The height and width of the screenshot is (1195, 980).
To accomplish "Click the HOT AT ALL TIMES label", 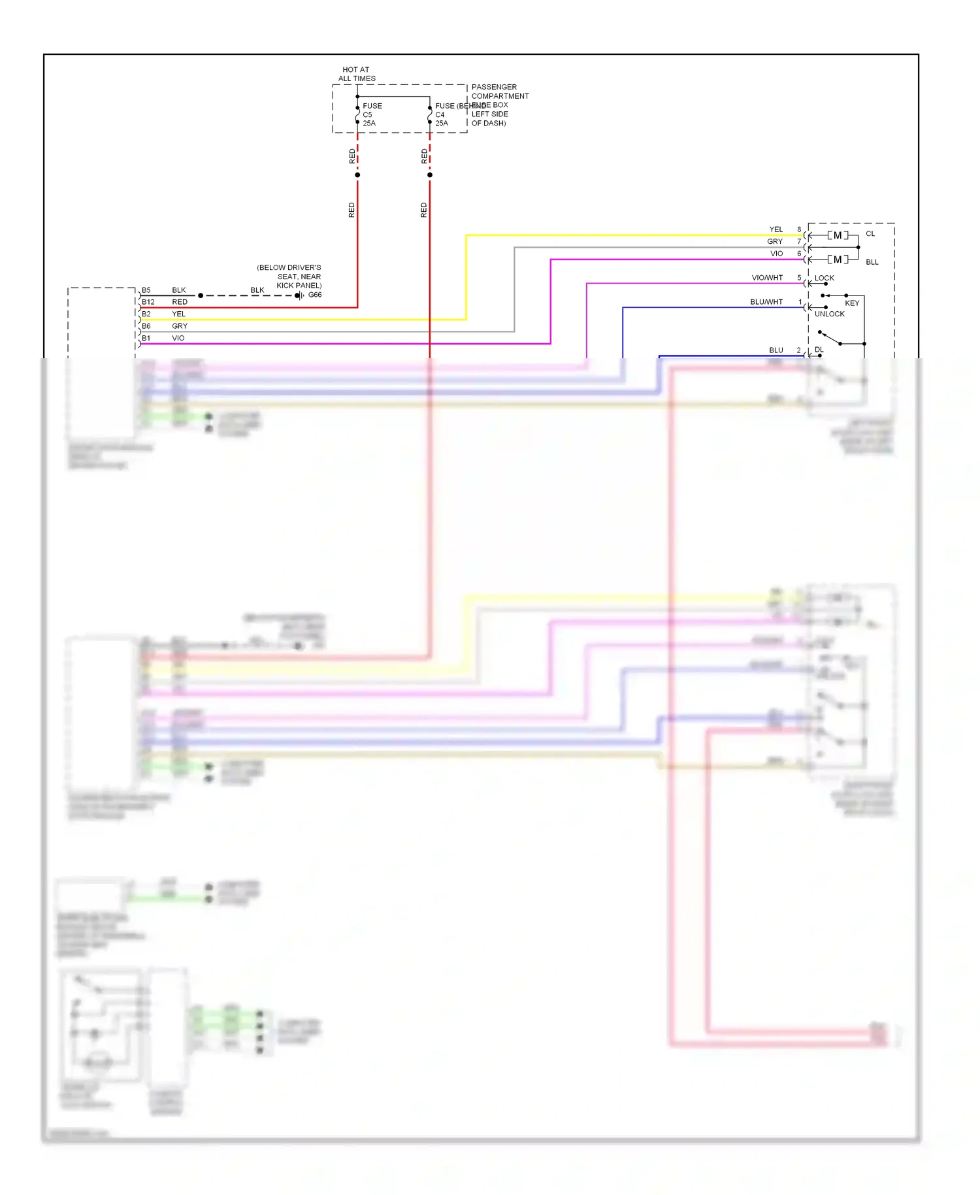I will point(356,74).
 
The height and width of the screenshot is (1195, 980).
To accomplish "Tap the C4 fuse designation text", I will point(440,114).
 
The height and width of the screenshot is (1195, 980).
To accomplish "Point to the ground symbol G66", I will point(300,295).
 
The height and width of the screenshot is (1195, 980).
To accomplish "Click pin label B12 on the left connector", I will point(148,302).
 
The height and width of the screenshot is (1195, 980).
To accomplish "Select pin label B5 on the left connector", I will point(146,290).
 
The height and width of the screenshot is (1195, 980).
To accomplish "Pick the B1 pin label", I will point(146,338).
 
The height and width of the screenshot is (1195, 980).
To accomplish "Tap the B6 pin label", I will point(146,326).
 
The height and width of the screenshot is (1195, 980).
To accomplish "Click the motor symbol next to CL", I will point(838,235).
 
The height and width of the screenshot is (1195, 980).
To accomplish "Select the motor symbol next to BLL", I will point(838,260).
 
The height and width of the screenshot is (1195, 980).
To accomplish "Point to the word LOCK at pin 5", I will point(824,278).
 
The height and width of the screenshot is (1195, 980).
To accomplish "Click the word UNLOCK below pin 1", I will point(829,314).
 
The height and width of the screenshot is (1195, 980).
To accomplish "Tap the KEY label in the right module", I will point(852,303).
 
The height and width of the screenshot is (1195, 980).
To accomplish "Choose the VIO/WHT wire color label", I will point(766,278).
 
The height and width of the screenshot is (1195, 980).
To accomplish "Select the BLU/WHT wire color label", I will point(766,302).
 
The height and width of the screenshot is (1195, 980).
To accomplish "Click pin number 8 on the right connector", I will point(799,229).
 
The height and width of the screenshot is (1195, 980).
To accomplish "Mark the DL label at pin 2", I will point(819,350).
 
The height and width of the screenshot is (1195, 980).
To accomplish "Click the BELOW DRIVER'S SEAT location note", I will point(289,277).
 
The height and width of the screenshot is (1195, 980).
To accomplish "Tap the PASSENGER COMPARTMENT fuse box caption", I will point(499,105).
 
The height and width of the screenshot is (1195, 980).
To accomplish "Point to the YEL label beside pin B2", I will point(178,314).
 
